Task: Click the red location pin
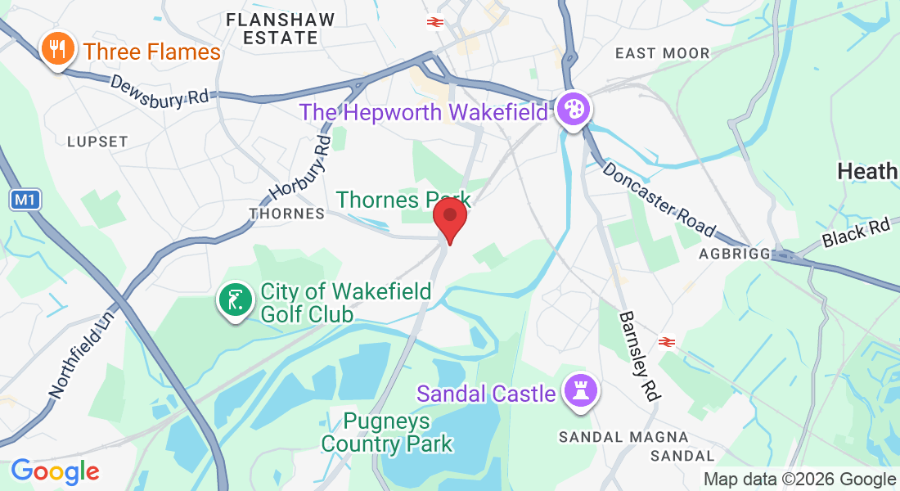tap(449, 218)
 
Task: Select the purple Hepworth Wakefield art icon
tap(573, 109)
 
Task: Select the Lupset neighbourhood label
tap(97, 142)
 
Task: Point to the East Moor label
tap(663, 53)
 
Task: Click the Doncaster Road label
tap(659, 199)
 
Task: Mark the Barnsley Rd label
tap(639, 355)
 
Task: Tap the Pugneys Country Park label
tap(386, 433)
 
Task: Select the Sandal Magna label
tap(623, 438)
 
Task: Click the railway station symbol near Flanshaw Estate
tap(434, 22)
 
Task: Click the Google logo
tap(55, 471)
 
